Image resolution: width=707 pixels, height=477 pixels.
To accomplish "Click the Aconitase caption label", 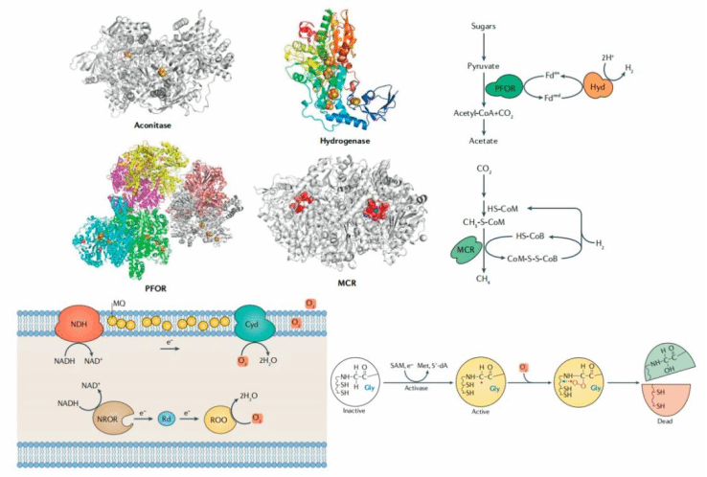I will [160, 124].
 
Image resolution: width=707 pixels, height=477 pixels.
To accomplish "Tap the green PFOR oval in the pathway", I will [505, 88].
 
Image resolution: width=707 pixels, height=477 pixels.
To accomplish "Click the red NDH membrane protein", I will [81, 321].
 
